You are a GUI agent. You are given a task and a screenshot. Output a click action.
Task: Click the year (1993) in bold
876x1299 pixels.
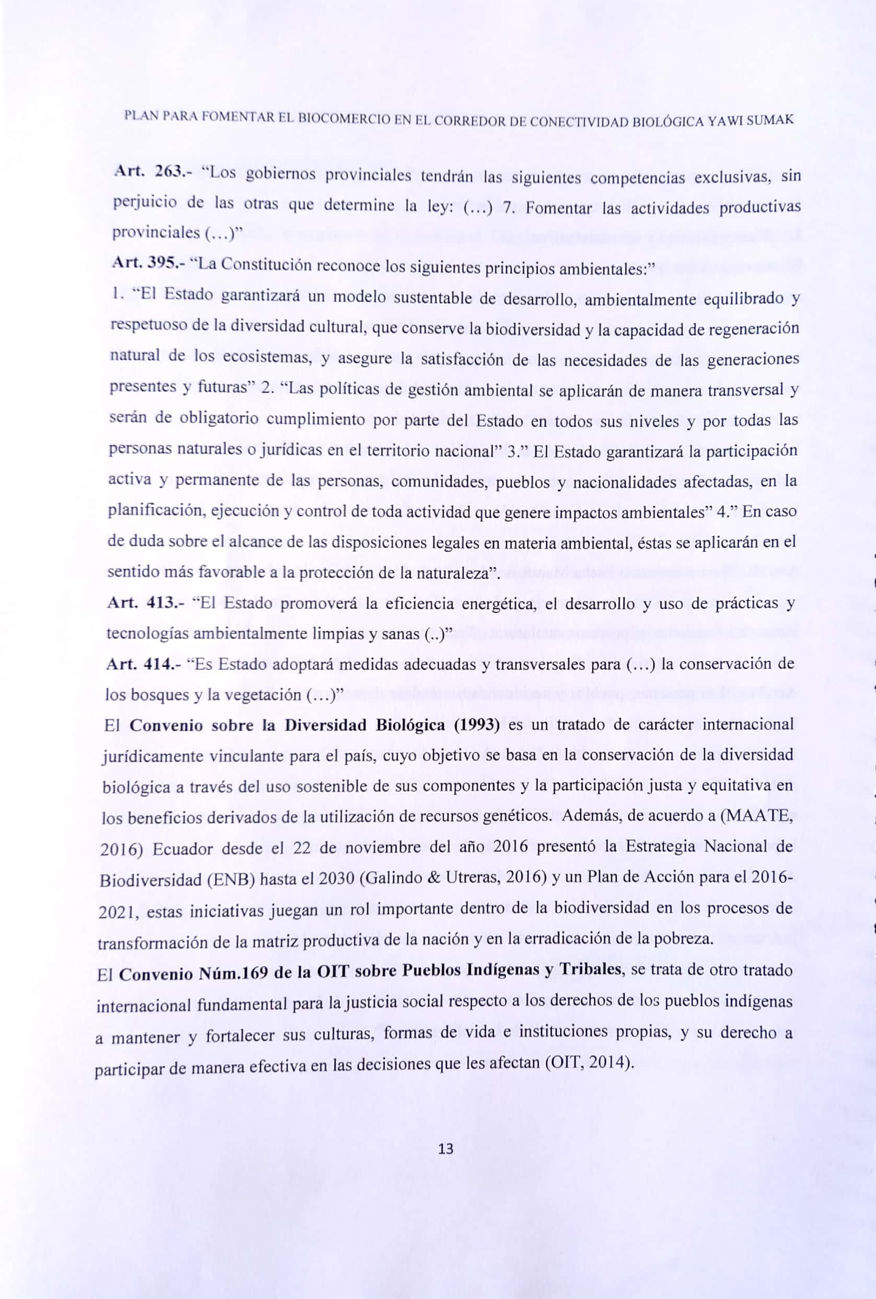476,724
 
